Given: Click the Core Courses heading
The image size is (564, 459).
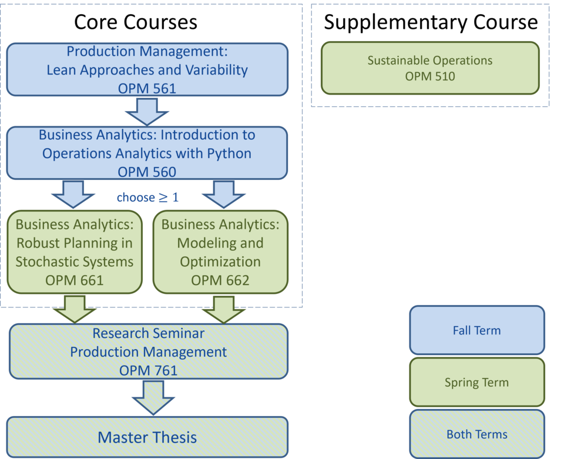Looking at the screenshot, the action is (x=136, y=22).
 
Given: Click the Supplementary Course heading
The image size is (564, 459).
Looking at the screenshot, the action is (x=431, y=22).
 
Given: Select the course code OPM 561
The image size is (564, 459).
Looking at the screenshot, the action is (x=147, y=89).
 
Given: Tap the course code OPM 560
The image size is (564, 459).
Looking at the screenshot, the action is (x=147, y=172).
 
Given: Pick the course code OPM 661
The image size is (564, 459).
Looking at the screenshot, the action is (x=75, y=280).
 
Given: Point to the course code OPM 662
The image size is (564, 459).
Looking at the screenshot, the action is (x=220, y=280).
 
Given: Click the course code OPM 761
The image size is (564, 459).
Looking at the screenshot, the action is (x=149, y=370).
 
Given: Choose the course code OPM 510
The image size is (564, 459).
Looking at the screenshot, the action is (x=430, y=76).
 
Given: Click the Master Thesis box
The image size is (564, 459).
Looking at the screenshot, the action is (x=147, y=437).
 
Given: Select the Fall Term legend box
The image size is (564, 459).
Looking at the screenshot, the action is (x=477, y=330).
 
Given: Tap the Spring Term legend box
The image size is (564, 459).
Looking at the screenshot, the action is (x=477, y=382).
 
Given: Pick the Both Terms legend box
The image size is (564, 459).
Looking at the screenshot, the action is (x=477, y=434).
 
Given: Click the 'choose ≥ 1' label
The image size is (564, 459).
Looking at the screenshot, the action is (x=148, y=197).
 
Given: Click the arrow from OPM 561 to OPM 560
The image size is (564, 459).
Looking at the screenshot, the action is (x=147, y=112).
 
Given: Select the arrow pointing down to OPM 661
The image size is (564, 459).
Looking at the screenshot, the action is (x=73, y=195).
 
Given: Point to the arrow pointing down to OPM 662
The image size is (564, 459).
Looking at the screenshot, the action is (x=224, y=195).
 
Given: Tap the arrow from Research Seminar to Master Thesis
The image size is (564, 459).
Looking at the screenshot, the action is (x=153, y=398).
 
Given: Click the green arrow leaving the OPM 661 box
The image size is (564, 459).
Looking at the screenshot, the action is (x=75, y=309).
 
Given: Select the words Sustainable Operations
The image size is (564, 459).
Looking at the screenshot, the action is (x=430, y=61).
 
